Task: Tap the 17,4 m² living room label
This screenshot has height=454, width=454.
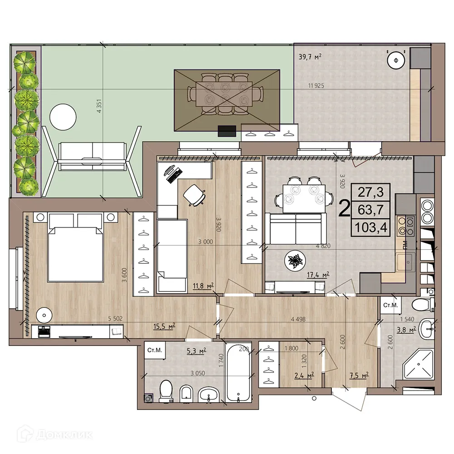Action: coord(317,274)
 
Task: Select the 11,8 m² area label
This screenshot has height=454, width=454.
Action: coord(202,286)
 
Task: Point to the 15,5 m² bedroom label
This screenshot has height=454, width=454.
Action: coord(164,326)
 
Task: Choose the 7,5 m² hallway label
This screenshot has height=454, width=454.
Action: coord(357,375)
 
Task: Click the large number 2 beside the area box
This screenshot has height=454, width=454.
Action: coord(344,208)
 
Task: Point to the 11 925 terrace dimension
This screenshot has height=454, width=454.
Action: coord(317,86)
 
